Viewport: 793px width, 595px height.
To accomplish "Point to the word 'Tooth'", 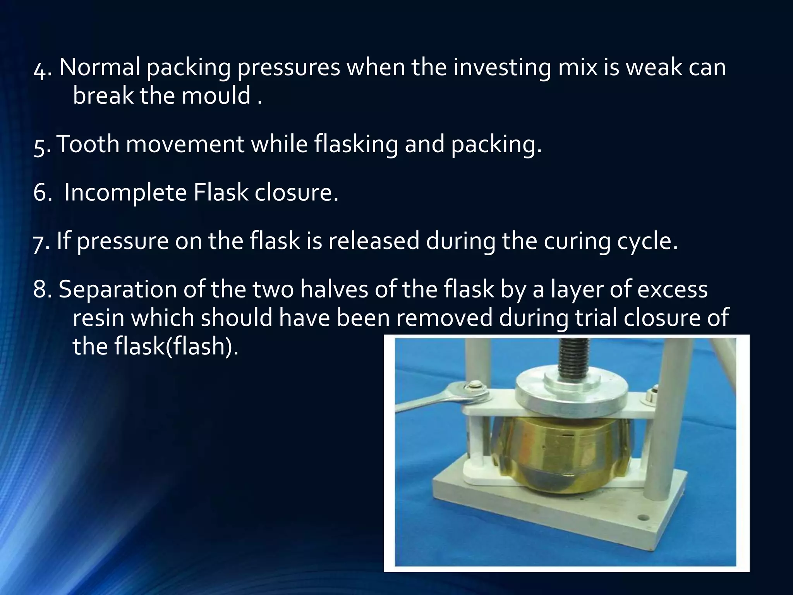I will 88,144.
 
